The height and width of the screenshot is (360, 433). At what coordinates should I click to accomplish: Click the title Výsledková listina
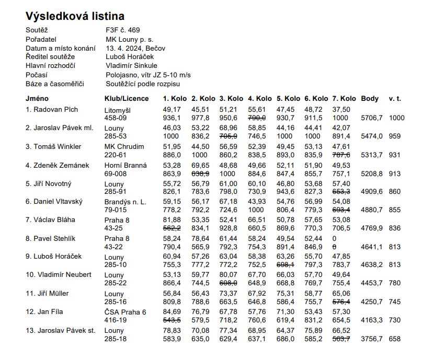[x=75, y=16]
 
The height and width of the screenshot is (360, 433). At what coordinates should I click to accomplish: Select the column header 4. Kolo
[x=259, y=98]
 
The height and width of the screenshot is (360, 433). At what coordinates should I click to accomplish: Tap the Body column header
[x=370, y=98]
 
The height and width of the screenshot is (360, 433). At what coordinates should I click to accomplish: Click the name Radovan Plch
[x=52, y=110]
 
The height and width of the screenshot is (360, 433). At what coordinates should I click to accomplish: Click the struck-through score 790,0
[x=257, y=118]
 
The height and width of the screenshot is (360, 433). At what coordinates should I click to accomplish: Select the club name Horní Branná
[x=126, y=165]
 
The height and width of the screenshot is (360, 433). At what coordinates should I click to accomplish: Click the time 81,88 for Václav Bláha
[x=172, y=220]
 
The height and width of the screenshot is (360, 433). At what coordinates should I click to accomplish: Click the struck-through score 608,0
[x=229, y=283]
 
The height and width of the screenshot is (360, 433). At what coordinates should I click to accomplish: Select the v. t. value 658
[x=395, y=339]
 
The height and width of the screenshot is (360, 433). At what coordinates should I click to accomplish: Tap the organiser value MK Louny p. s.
[x=129, y=39]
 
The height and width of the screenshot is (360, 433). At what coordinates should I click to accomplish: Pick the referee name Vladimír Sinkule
[x=131, y=66]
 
